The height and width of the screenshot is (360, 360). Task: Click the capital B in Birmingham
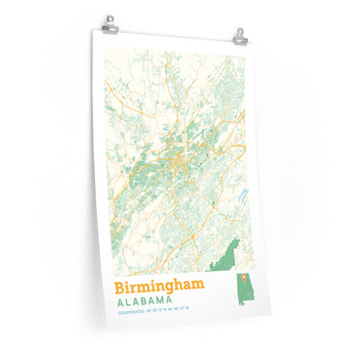[x=121, y=285]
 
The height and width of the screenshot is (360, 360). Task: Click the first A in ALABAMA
[x=119, y=300]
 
